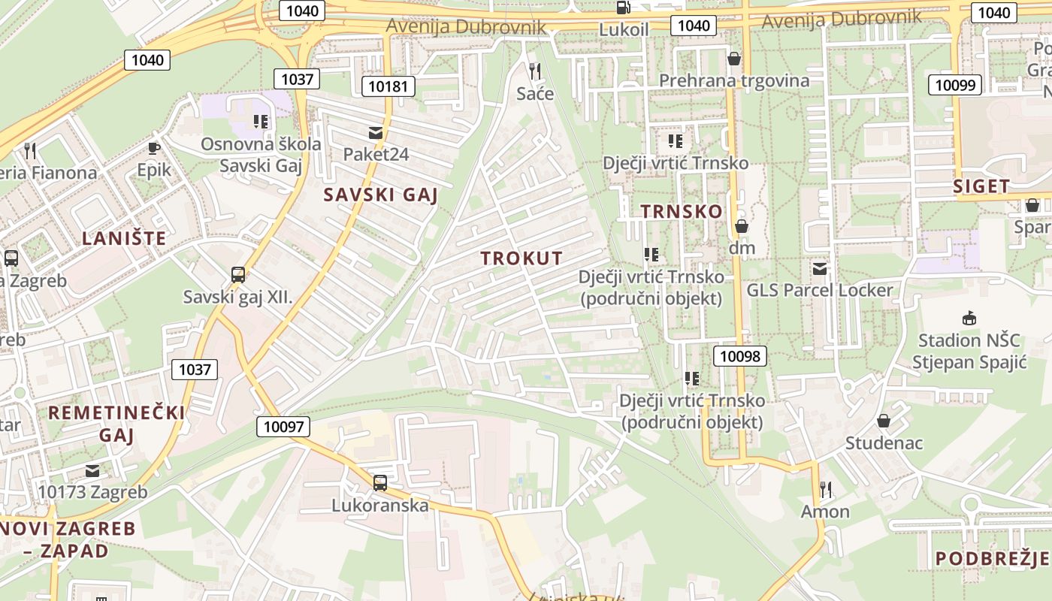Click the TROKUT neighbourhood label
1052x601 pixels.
(521, 258)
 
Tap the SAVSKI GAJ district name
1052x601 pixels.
(380, 195)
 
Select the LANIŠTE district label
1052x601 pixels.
(124, 239)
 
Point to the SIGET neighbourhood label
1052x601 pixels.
(981, 186)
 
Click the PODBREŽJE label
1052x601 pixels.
(992, 558)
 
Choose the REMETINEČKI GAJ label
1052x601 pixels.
(116, 424)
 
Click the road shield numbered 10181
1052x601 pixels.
(388, 86)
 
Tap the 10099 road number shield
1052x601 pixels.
(955, 85)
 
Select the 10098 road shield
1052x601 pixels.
(739, 356)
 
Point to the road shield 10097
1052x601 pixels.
(283, 427)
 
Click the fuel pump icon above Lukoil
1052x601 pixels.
(623, 8)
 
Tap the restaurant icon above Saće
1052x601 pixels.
(535, 71)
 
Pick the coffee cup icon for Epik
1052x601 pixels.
(154, 148)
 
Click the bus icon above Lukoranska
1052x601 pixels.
(380, 482)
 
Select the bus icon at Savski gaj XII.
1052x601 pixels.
(238, 275)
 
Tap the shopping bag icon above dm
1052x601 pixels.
(742, 225)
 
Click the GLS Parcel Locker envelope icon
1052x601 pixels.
(820, 268)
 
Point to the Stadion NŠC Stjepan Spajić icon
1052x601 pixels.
(969, 319)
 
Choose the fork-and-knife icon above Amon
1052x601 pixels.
(826, 490)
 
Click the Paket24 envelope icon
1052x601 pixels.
(375, 133)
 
